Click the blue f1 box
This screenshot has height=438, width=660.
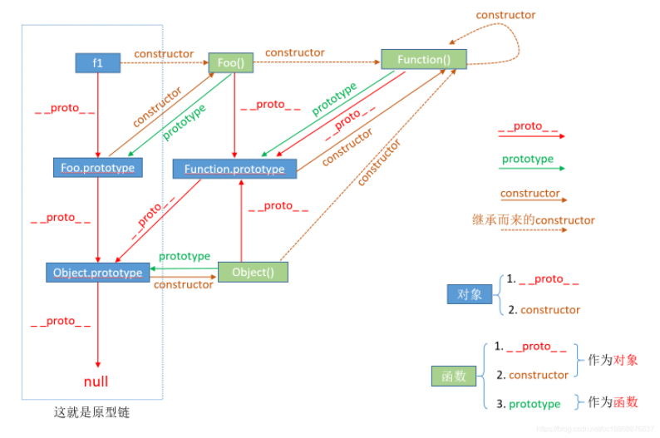click(x=97, y=62)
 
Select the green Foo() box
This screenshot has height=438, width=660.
click(x=230, y=62)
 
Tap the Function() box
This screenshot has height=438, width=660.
click(x=424, y=59)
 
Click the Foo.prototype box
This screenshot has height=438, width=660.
click(x=97, y=167)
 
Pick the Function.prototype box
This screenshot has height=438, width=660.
click(x=234, y=169)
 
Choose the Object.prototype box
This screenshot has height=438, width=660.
click(x=97, y=273)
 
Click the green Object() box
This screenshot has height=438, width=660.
click(x=253, y=272)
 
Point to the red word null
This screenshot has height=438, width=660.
click(x=96, y=381)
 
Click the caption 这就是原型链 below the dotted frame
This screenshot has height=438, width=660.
click(x=91, y=412)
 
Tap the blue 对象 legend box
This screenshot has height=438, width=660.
click(x=470, y=293)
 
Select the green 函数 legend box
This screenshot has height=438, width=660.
click(x=454, y=376)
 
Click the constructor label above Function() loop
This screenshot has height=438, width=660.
click(x=505, y=15)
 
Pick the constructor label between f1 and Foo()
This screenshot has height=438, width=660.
click(x=164, y=54)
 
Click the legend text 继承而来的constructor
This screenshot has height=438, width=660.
click(x=534, y=219)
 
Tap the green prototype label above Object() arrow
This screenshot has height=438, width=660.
click(x=185, y=256)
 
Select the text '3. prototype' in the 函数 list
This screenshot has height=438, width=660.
click(x=529, y=404)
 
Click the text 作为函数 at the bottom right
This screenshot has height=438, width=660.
click(x=613, y=401)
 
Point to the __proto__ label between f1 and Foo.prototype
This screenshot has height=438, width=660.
click(x=65, y=109)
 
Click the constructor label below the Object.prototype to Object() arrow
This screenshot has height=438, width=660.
click(x=184, y=285)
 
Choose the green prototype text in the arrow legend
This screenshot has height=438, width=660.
click(x=528, y=159)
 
